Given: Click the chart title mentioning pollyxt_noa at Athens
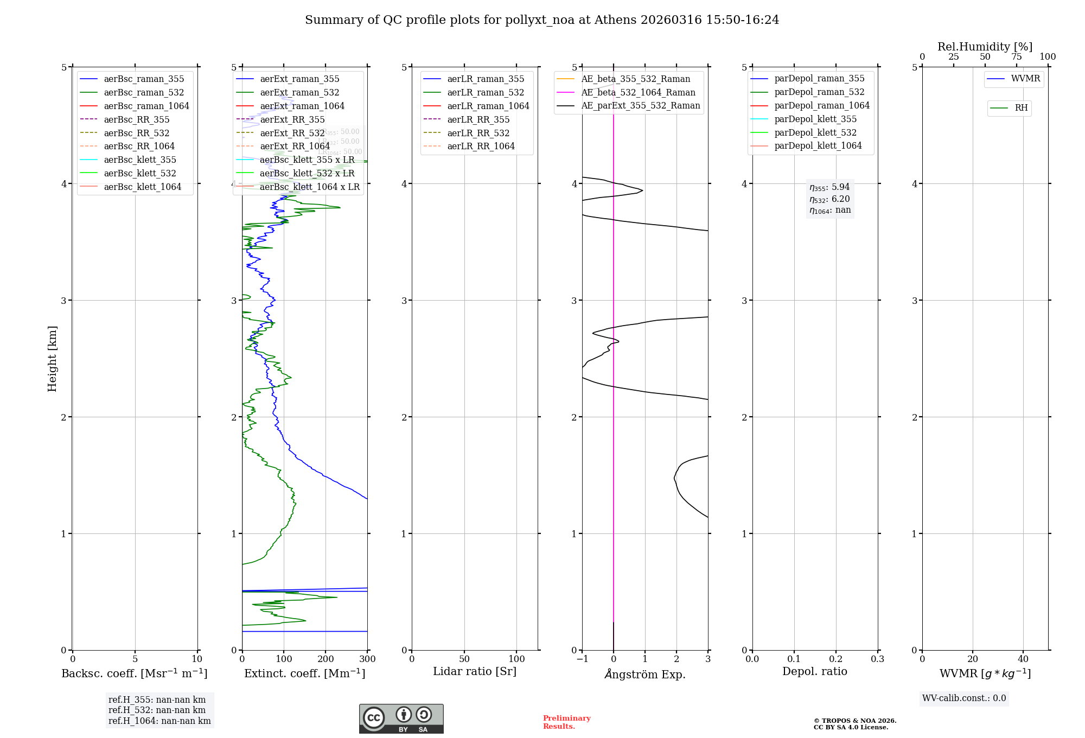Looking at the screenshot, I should (542, 20).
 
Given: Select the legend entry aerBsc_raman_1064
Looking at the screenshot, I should (146, 106).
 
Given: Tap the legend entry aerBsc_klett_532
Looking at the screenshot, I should (139, 173).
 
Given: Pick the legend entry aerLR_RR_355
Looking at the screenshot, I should (478, 119).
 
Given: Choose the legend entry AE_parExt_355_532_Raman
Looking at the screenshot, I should (640, 105).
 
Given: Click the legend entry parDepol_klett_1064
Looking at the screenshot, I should (818, 145).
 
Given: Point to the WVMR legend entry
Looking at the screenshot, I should (1025, 79).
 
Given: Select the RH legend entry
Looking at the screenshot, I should (1020, 108).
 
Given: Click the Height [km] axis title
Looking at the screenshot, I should (52, 358).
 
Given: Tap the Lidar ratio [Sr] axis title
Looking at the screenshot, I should (475, 671).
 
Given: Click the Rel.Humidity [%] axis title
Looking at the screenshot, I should (985, 47).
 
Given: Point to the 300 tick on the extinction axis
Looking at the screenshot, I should (367, 659).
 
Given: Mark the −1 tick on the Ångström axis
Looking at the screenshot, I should (582, 659).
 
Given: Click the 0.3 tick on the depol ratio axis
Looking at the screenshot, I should (877, 659).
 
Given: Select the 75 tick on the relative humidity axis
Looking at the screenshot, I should (1016, 57).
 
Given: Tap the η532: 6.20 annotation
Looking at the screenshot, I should (829, 199).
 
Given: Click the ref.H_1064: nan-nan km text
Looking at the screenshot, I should (159, 721).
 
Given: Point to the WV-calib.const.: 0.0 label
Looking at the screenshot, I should (964, 698).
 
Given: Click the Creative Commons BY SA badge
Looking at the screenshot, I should (401, 718).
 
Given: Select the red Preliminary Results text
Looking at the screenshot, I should (566, 722).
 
